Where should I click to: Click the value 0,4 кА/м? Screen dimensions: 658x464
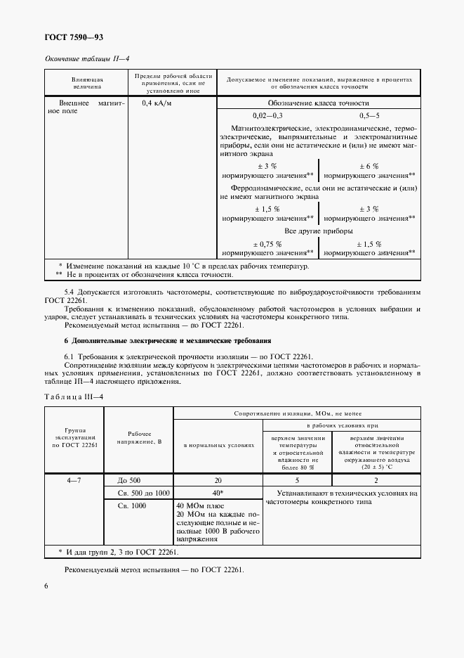pos(157,104)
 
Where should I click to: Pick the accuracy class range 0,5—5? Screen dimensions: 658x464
pos(369,115)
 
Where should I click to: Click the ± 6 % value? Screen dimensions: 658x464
pos(369,167)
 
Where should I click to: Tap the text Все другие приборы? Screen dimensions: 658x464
pos(318,231)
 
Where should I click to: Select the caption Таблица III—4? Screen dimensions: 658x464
pos(74,397)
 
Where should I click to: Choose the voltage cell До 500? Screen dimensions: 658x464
pos(129,479)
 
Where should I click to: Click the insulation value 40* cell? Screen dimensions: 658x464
pos(217,492)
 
